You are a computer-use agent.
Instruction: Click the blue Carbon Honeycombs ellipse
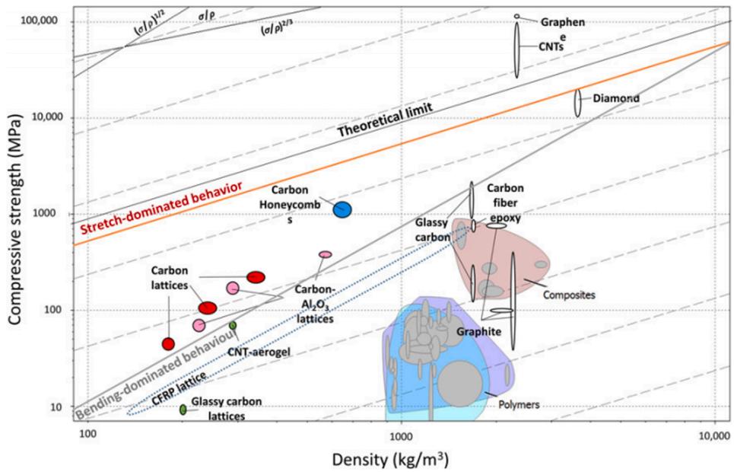point(342,209)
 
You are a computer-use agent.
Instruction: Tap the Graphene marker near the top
point(516,17)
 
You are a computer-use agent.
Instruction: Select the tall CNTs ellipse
point(516,49)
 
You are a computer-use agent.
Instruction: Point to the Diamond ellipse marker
point(577,103)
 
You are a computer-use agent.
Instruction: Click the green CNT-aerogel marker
point(233,325)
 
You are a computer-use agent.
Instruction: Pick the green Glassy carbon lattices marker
point(183,409)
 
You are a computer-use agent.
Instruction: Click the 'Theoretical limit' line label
point(385,120)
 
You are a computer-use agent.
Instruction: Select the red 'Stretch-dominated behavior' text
point(161,208)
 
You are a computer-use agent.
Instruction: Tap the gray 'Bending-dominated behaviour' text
point(156,375)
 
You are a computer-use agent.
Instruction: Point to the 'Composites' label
point(569,295)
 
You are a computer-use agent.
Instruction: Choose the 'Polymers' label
point(519,404)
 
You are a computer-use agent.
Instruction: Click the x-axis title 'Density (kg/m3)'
point(390,460)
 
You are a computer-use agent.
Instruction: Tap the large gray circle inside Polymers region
point(460,384)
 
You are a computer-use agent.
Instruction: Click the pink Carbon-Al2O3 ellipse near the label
point(326,254)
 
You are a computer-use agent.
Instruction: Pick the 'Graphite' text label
point(479,332)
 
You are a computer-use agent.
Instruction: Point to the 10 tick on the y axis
point(56,407)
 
